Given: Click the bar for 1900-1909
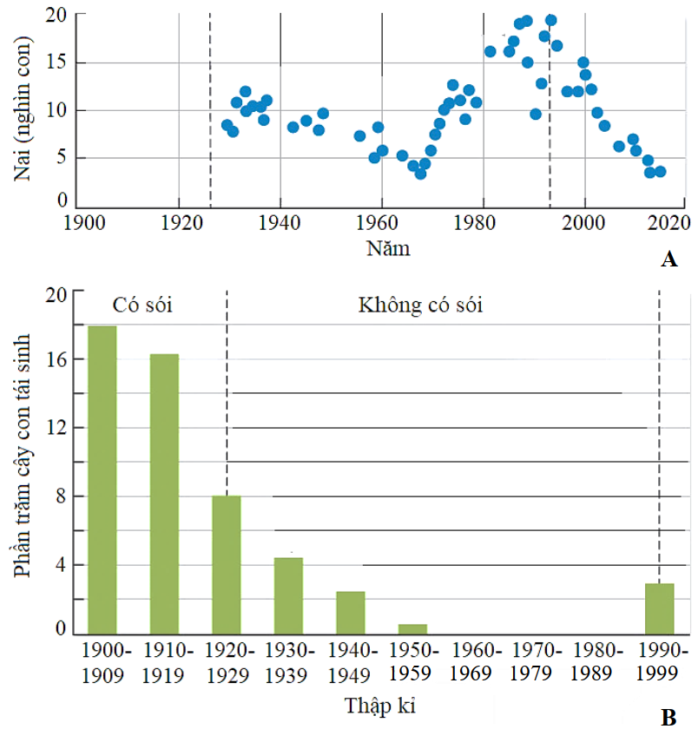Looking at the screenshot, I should [102, 479].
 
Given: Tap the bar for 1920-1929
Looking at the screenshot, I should [226, 564].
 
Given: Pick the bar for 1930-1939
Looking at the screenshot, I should [288, 595].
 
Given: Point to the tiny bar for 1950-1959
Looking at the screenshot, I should [412, 628].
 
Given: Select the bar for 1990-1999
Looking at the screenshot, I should [660, 608].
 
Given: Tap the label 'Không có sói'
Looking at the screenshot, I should [420, 305].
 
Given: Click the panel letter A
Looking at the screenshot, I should [668, 259].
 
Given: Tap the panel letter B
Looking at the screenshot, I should [668, 717].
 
